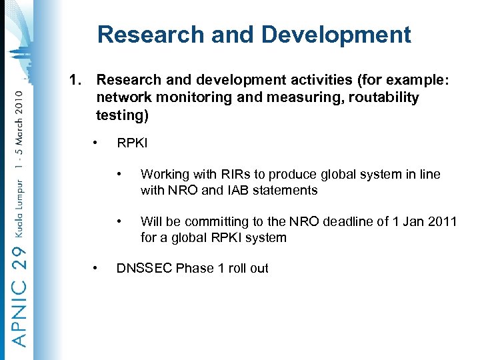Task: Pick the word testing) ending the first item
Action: (x=121, y=115)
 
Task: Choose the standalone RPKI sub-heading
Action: (x=132, y=143)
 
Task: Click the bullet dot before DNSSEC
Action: (x=97, y=268)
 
